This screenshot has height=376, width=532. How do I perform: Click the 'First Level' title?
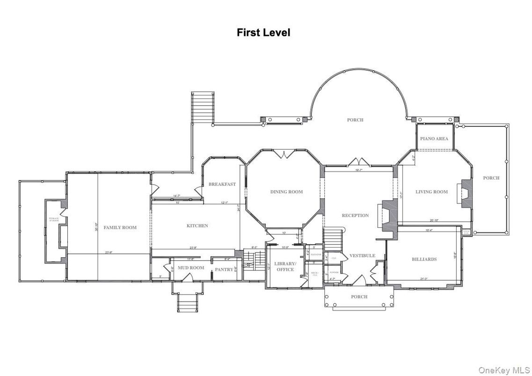[x=263, y=32]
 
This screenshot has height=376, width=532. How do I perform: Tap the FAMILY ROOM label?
[x=120, y=227]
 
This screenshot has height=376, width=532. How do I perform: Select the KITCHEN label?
[x=197, y=226]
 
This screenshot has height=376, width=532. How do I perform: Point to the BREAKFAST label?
[x=222, y=184]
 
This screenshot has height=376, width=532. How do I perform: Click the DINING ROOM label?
[x=286, y=192]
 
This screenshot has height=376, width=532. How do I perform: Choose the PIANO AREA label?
[x=434, y=138]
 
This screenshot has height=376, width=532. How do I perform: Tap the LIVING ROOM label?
[x=431, y=192]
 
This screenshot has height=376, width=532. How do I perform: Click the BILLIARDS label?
[x=424, y=259]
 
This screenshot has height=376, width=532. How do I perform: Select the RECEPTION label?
[x=355, y=216]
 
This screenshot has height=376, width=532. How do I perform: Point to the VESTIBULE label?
[x=362, y=256]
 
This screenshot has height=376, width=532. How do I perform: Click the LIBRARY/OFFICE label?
[x=285, y=267]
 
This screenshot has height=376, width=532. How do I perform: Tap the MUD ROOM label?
[x=190, y=268]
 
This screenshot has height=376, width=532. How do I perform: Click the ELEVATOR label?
[x=316, y=254]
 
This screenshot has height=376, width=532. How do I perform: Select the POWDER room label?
[x=334, y=272]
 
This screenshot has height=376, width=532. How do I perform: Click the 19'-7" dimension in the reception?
[x=359, y=170]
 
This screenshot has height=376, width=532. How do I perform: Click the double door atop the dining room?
[x=284, y=154]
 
